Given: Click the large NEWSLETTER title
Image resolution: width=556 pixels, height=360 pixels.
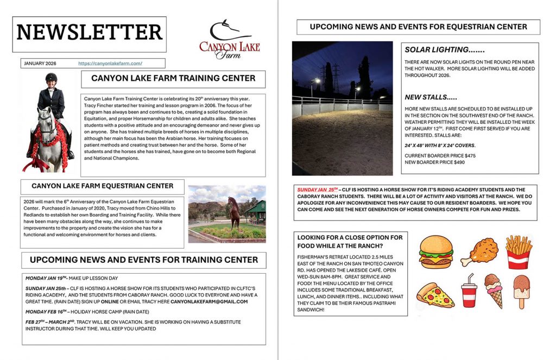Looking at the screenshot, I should pyautogui.click(x=90, y=33).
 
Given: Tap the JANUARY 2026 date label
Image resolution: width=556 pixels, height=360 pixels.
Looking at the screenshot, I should pyautogui.click(x=41, y=64).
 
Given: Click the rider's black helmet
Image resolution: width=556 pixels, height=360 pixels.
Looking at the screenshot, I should pyautogui.click(x=52, y=78).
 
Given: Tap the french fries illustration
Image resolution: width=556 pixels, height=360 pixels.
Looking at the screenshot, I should pyautogui.click(x=518, y=251).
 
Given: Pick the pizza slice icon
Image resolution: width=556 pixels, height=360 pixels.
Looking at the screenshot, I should pyautogui.click(x=435, y=295).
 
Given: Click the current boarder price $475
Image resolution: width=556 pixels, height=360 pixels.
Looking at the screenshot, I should pyautogui.click(x=440, y=156).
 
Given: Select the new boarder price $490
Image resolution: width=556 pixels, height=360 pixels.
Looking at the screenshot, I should pyautogui.click(x=434, y=162).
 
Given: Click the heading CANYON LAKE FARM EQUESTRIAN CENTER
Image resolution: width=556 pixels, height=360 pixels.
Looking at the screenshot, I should pyautogui.click(x=103, y=186).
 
